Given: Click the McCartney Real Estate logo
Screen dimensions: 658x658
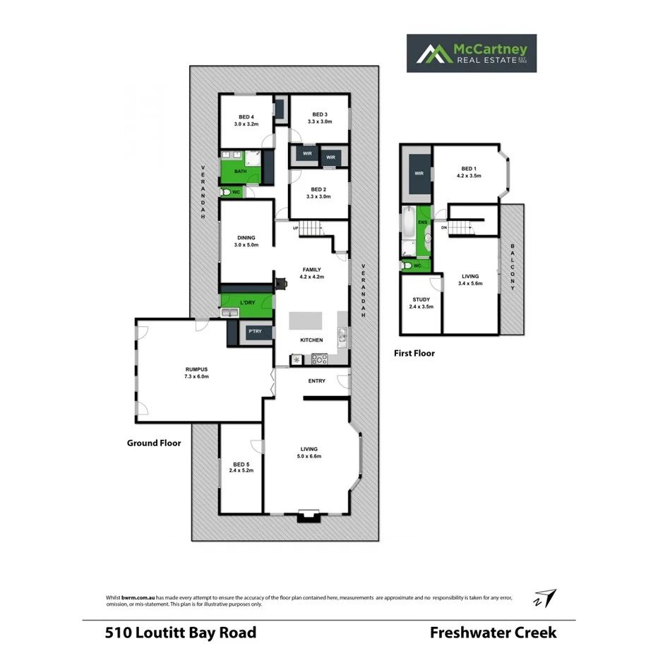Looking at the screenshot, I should click(471, 53).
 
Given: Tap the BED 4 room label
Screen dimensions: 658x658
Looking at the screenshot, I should click(246, 117).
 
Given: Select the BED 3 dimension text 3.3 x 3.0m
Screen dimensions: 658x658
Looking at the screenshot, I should click(319, 122).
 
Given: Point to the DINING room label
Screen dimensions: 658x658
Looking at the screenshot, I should click(246, 238).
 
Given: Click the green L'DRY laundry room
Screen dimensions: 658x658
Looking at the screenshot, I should click(246, 304).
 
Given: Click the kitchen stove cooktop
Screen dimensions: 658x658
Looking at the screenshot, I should click(319, 359).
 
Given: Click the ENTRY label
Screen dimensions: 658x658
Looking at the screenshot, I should click(316, 381).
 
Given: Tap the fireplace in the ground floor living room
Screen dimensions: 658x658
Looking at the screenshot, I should click(308, 515).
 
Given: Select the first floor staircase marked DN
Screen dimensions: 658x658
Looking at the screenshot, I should click(462, 227).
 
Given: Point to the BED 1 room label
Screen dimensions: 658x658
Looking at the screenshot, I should click(469, 169).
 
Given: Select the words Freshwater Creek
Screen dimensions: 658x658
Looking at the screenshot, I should click(493, 632).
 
